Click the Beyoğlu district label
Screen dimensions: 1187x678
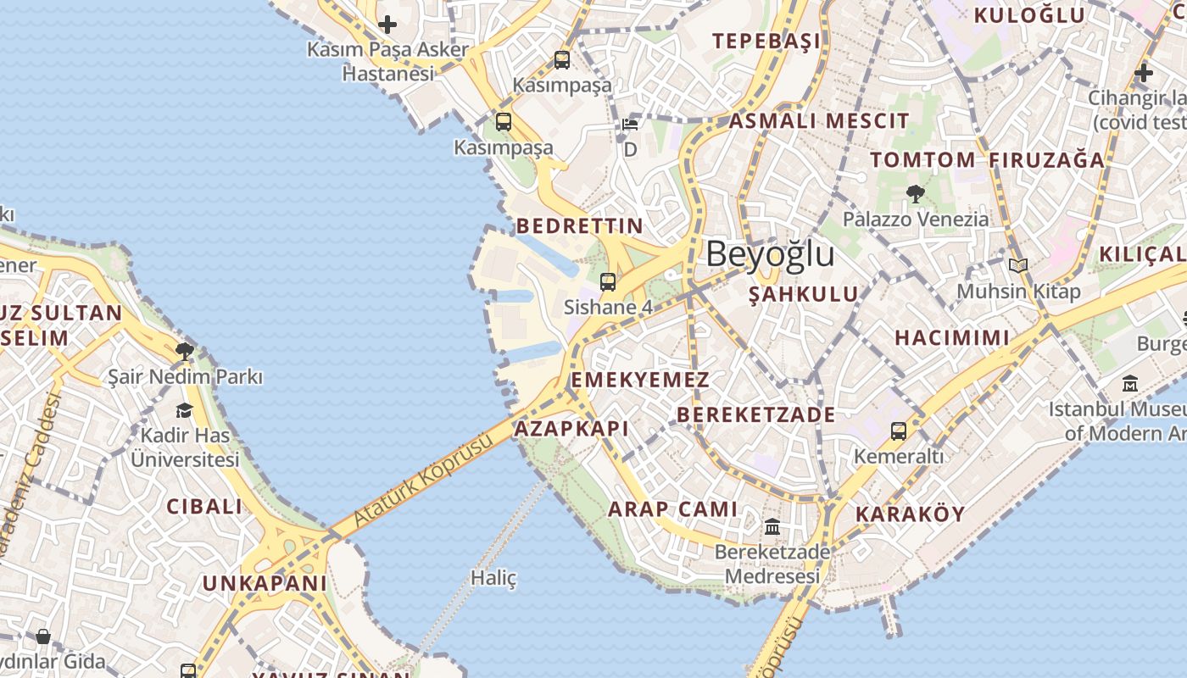770,254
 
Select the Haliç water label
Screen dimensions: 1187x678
493,579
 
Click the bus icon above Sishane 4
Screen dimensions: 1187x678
608,282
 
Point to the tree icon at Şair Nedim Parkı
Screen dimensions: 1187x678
185,351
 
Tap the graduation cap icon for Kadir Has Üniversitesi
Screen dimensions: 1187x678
184,411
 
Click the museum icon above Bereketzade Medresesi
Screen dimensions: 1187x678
772,527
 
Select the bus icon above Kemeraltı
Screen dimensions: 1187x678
899,431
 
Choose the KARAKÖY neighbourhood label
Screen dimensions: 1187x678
910,514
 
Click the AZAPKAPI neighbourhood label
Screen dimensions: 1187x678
571,428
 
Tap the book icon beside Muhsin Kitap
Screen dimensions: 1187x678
1018,266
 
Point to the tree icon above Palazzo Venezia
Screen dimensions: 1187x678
915,194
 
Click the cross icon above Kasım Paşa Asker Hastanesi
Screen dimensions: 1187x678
387,25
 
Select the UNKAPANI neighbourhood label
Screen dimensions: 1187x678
264,583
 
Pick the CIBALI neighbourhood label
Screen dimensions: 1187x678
203,507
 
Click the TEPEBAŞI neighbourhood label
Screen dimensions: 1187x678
766,41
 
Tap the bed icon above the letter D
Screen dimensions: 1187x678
630,125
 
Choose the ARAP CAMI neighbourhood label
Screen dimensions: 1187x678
673,509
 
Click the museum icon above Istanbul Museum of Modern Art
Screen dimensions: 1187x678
1129,384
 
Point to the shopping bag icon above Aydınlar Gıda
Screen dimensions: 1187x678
43,636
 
